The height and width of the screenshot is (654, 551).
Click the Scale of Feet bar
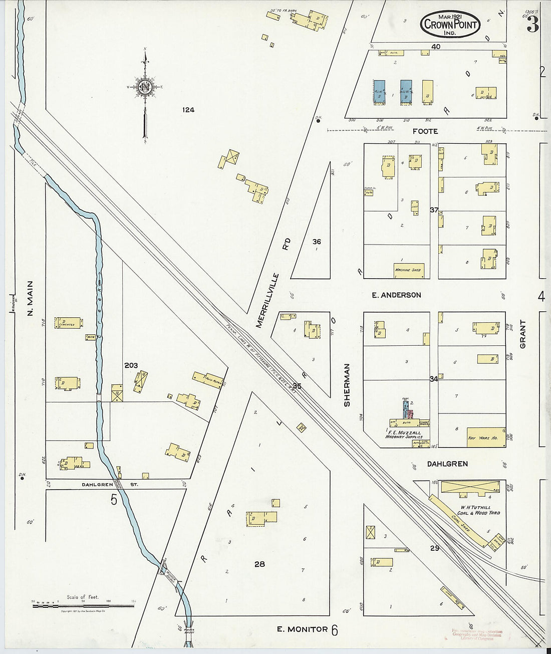pos(84,606)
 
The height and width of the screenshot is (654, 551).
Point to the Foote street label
pos(425,131)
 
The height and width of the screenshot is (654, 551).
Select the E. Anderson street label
pos(396,295)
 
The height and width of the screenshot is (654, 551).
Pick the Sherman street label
pos(347,385)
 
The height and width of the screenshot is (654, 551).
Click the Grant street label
pos(523,334)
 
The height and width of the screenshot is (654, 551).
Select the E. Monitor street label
pos(302,629)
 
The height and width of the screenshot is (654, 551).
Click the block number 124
pos(188,110)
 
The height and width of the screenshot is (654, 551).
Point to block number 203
pos(131,366)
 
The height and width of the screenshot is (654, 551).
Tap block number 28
pos(259,564)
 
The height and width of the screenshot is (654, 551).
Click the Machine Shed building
pos(409,270)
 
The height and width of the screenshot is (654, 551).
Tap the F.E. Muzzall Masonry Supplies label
pos(404,434)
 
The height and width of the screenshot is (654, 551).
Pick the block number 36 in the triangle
pos(317,242)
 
